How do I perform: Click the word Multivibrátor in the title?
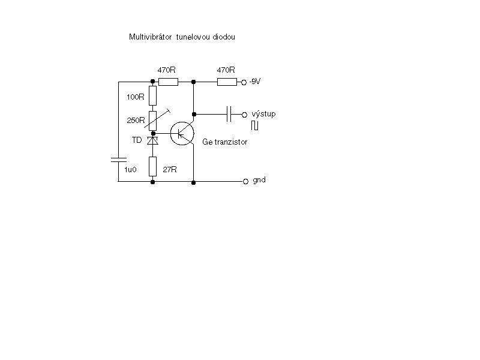(x=151, y=37)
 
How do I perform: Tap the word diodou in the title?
(x=223, y=37)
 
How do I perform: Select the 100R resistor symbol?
(x=153, y=96)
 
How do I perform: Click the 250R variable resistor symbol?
(x=153, y=121)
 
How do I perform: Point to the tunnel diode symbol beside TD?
(x=153, y=140)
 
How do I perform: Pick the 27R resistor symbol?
(x=153, y=166)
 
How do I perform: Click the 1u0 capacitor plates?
(x=118, y=160)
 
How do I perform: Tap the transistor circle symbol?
(x=182, y=133)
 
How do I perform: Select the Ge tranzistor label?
(x=224, y=142)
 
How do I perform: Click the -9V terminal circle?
(x=244, y=82)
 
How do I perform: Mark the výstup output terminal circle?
(x=244, y=115)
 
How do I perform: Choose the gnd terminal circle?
(x=245, y=182)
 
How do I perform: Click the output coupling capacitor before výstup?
(x=229, y=114)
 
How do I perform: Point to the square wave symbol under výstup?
(x=254, y=125)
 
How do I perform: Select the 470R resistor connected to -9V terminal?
(x=227, y=82)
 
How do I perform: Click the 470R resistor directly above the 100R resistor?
(x=168, y=82)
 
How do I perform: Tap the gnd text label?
(x=259, y=180)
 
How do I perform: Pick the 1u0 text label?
(x=130, y=170)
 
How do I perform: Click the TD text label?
(x=137, y=140)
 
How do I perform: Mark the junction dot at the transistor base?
(x=154, y=133)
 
